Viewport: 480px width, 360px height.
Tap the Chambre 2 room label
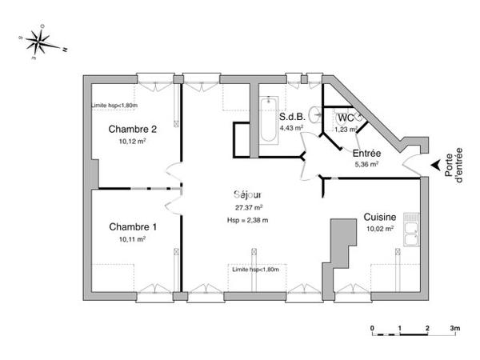point(132,129)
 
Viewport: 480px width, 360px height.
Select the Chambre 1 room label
point(132,226)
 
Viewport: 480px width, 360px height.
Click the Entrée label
point(366,153)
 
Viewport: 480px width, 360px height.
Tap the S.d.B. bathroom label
point(291,116)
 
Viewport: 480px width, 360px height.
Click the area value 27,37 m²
point(249,207)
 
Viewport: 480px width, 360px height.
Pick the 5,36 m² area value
point(366,164)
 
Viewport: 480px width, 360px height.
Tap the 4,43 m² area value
point(291,127)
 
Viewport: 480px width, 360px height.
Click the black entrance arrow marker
point(435,166)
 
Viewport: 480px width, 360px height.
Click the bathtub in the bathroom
point(267,121)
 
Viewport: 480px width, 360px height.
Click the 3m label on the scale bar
point(454,329)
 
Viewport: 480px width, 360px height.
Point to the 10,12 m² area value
point(132,141)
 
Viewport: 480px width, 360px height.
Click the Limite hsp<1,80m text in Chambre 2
point(114,106)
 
